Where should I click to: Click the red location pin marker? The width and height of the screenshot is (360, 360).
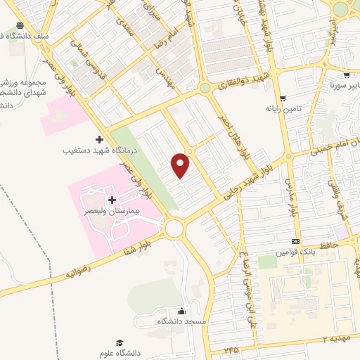(x=181, y=165)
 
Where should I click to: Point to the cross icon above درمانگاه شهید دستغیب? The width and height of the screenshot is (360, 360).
(x=98, y=139)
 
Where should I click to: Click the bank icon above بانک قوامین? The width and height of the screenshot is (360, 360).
(x=296, y=242)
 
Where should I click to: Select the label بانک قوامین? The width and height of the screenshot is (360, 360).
(x=291, y=252)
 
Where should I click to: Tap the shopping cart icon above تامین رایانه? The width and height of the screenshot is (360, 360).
(x=283, y=98)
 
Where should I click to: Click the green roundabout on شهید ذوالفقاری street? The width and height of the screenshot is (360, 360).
(x=204, y=88)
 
